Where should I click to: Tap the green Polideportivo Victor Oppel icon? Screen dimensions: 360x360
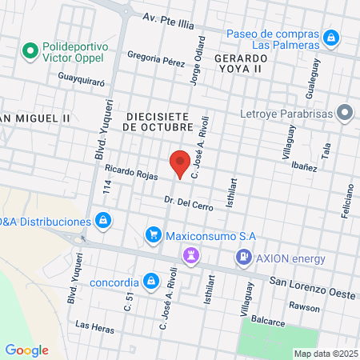click(31, 52)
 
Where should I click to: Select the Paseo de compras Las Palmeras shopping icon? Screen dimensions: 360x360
click(330, 37)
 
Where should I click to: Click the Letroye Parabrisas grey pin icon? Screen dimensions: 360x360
click(345, 111)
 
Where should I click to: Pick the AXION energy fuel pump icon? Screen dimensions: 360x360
click(242, 258)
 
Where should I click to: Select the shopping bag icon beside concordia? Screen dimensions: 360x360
click(150, 281)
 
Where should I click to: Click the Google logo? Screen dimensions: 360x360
click(26, 350)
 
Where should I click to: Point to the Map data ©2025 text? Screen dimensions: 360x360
click(325, 354)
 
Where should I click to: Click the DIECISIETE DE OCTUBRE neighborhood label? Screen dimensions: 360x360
click(158, 120)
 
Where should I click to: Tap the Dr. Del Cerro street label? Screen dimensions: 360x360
click(188, 203)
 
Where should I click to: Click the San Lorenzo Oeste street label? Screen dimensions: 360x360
click(311, 284)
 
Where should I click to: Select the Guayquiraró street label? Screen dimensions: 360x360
click(82, 78)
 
